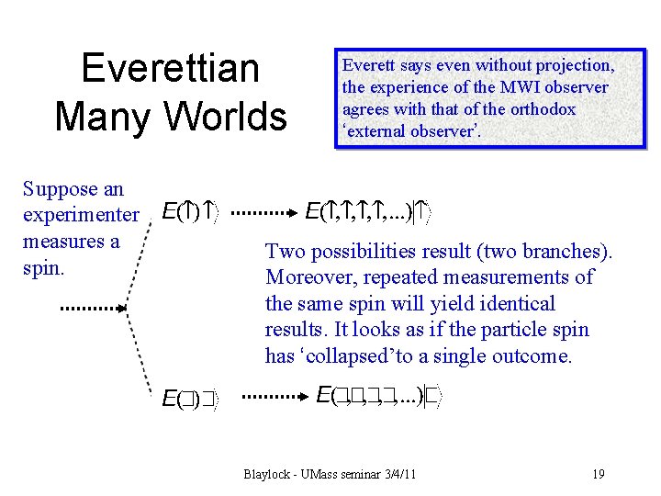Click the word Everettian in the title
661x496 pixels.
point(170,69)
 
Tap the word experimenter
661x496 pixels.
point(81,216)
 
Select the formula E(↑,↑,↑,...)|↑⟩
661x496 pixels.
point(371,213)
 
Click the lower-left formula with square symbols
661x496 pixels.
point(189,399)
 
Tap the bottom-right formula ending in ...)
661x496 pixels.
point(379,396)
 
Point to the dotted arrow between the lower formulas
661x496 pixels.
point(278,398)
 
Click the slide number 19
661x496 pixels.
point(598,474)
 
